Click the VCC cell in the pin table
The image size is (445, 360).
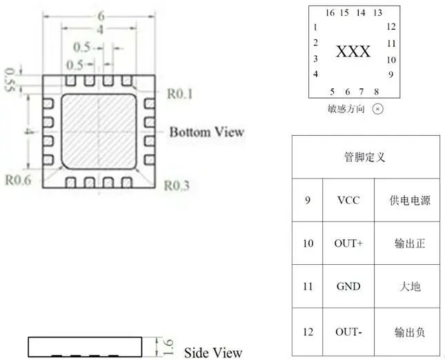pyautogui.click(x=348, y=200)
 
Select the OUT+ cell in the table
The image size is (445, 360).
pyautogui.click(x=348, y=243)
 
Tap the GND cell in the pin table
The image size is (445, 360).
pyautogui.click(x=348, y=286)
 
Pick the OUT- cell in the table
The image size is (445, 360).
pyautogui.click(x=348, y=332)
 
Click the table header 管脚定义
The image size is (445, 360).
pyautogui.click(x=365, y=157)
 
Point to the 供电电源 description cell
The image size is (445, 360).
pyautogui.click(x=410, y=201)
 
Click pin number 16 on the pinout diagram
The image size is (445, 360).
pyautogui.click(x=330, y=13)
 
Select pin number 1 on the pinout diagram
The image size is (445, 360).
pyautogui.click(x=315, y=28)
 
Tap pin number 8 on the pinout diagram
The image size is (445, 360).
pyautogui.click(x=376, y=92)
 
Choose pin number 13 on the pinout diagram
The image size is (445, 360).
pyautogui.click(x=378, y=13)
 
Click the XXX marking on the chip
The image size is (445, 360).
pyautogui.click(x=353, y=52)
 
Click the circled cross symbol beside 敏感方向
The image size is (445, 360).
pyautogui.click(x=377, y=109)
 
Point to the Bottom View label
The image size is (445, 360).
pyautogui.click(x=206, y=132)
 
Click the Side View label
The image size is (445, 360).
pyautogui.click(x=213, y=352)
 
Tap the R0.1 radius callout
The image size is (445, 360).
pyautogui.click(x=179, y=94)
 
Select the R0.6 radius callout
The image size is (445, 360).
pyautogui.click(x=19, y=180)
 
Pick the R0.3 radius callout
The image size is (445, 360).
pyautogui.click(x=177, y=186)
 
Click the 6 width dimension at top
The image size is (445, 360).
pyautogui.click(x=101, y=16)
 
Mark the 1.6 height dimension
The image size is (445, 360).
pyautogui.click(x=168, y=347)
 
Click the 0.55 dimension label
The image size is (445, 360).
pyautogui.click(x=10, y=80)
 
